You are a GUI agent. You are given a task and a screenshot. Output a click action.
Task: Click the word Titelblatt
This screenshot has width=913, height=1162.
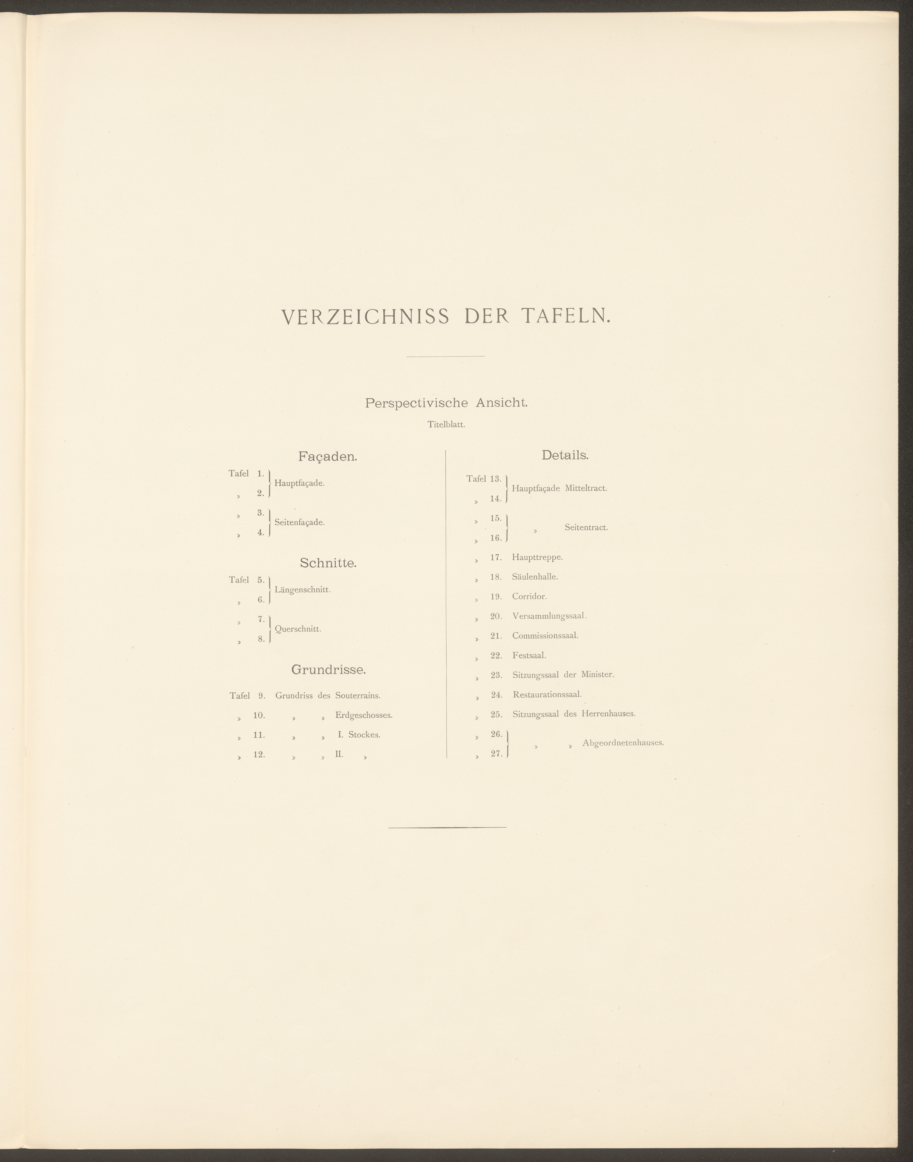pyautogui.click(x=446, y=425)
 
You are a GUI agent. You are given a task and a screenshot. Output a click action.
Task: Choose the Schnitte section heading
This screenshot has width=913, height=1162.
pyautogui.click(x=328, y=563)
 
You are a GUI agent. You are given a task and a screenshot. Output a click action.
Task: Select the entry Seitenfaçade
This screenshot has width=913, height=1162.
pyautogui.click(x=299, y=522)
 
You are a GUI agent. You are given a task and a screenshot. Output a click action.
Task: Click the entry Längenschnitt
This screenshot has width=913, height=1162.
pyautogui.click(x=303, y=590)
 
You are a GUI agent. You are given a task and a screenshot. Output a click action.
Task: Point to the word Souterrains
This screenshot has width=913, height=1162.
pyautogui.click(x=358, y=696)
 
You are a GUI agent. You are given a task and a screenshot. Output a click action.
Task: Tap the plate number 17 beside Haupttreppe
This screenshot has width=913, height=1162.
pyautogui.click(x=496, y=557)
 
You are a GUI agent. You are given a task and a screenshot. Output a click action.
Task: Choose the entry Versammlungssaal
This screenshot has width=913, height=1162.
pyautogui.click(x=549, y=616)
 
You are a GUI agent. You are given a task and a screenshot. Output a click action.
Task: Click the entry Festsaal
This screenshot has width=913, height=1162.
pyautogui.click(x=529, y=655)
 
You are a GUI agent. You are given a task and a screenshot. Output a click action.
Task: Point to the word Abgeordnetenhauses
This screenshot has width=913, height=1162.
pyautogui.click(x=623, y=743)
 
